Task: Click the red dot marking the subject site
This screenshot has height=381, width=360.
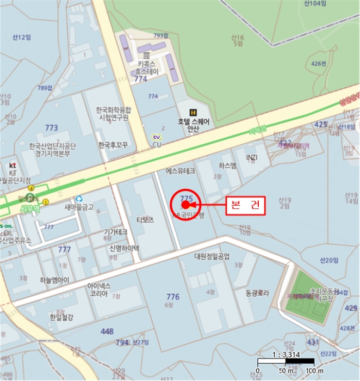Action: pos(185,205)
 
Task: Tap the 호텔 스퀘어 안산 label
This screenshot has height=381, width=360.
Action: pos(193,125)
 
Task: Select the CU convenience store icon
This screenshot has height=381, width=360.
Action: pos(157,137)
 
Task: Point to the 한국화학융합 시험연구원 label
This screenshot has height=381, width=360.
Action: pos(114,113)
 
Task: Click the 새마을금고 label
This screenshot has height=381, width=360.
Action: pos(79,207)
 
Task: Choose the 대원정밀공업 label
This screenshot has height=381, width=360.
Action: pos(212,256)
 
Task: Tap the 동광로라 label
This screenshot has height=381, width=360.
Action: pos(257,293)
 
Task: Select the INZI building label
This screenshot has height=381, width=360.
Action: pos(251,158)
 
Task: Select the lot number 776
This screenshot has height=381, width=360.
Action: pos(173,297)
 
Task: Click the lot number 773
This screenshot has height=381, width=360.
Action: pos(52,128)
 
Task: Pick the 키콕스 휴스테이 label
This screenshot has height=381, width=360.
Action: pos(147,67)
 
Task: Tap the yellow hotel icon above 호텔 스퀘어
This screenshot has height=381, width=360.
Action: pos(193,112)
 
